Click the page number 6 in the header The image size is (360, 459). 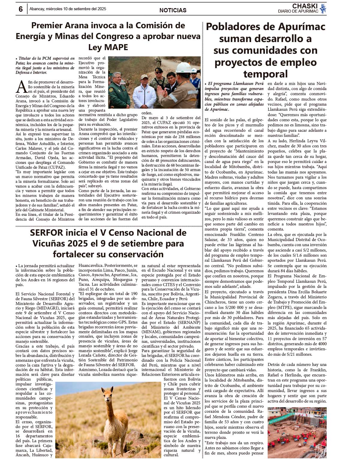pyautogui.click(x=20, y=9)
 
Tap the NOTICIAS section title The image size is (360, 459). pyautogui.click(x=173, y=10)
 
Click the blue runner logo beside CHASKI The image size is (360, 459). pyautogui.click(x=323, y=9)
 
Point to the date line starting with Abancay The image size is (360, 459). pyautogui.click(x=68, y=9)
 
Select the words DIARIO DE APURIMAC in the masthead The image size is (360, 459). pyautogui.click(x=298, y=11)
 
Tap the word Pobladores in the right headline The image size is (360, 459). pyautogui.click(x=236, y=27)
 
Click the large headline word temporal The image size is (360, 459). pyautogui.click(x=265, y=74)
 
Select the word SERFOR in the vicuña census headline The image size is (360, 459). pyautogui.click(x=46, y=233)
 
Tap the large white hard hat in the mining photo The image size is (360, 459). pyautogui.click(x=183, y=67)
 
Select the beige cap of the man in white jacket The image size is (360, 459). pyautogui.click(x=144, y=77)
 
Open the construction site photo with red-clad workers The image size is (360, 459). pyautogui.click(x=297, y=432)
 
